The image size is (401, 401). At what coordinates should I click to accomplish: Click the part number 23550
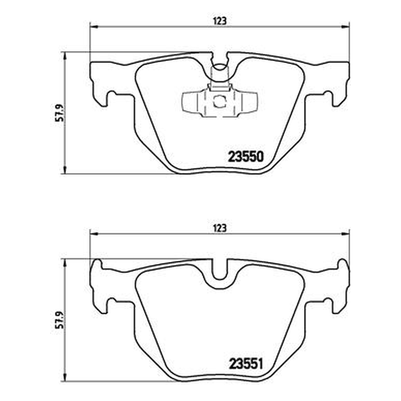246,156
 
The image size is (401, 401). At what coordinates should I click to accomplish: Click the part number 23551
246,363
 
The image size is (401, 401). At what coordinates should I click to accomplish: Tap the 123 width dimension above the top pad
220,21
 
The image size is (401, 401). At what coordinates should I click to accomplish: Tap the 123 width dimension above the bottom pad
220,228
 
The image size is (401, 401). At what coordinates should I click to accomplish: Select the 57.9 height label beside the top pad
59,113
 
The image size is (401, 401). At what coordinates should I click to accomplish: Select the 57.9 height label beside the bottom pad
59,320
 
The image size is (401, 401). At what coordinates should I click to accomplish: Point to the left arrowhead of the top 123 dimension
94,27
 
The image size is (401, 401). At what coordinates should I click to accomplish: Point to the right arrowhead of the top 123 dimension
345,27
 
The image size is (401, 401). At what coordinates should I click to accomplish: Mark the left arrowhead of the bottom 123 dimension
94,234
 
